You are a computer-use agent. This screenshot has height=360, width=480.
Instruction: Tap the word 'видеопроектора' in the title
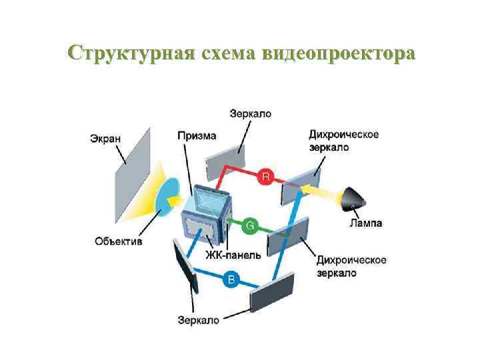pos(339,54)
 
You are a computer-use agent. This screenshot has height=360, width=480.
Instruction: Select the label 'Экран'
pos(106,139)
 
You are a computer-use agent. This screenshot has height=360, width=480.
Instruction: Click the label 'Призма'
pos(197,135)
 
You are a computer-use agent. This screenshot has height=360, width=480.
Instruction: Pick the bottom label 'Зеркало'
pos(199,320)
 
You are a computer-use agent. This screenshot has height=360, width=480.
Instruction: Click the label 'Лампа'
pos(366,223)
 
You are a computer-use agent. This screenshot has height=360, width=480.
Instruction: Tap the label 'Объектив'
pos(119,241)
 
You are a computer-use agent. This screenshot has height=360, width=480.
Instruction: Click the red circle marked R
pos(265,177)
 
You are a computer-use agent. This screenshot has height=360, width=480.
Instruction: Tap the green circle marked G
pos(250,226)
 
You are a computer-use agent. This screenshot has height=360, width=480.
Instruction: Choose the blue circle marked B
pos(231,280)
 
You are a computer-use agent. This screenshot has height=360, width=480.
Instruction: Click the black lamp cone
pos(354,198)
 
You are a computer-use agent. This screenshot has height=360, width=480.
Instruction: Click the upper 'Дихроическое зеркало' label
pos(343,141)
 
